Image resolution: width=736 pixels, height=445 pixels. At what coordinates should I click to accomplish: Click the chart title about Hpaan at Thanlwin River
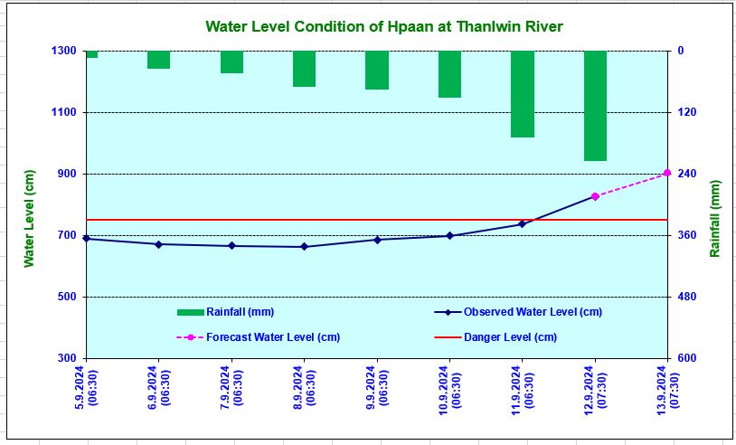(384, 27)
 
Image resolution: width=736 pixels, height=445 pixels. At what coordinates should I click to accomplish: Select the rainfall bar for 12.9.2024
(595, 106)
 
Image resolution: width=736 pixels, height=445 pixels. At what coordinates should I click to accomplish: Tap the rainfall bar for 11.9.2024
(523, 94)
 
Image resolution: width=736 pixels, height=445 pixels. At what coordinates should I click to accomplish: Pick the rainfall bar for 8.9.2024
(304, 69)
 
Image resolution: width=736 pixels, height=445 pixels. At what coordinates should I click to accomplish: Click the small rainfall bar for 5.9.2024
(91, 54)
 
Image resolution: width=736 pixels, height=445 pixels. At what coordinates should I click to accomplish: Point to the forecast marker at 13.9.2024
(667, 173)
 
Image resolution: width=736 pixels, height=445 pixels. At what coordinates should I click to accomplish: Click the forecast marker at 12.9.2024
(595, 196)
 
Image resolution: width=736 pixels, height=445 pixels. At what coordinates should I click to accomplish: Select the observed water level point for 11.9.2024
(523, 224)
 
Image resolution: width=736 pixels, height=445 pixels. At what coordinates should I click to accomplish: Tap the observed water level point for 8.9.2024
(304, 247)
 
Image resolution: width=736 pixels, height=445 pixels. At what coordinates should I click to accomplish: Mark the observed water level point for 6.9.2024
(158, 244)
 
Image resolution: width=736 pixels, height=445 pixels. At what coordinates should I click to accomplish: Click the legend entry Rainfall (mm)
(226, 312)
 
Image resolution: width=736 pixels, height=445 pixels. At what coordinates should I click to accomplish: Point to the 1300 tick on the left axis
(63, 51)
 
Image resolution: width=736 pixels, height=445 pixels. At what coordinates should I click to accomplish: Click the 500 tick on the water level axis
(67, 297)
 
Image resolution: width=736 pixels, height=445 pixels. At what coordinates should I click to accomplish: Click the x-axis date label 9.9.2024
(376, 387)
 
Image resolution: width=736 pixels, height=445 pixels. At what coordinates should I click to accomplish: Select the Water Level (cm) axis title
(29, 217)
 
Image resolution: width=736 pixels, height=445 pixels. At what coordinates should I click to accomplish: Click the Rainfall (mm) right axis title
(715, 217)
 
